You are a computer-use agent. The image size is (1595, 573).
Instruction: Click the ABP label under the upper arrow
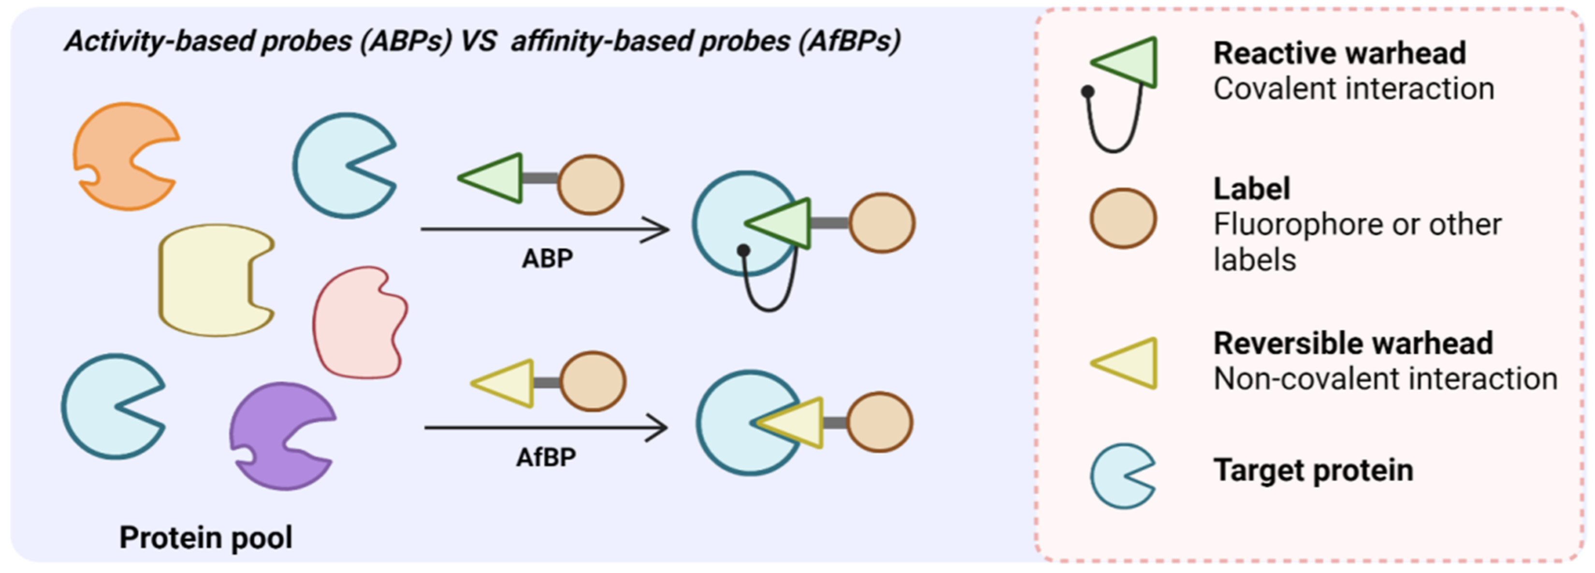[547, 258]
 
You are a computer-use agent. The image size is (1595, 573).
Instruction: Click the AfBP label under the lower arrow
[546, 458]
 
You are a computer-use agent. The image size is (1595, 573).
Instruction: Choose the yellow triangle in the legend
[1130, 363]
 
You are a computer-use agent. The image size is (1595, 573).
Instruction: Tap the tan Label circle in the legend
[1123, 218]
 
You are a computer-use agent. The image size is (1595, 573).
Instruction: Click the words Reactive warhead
[1339, 53]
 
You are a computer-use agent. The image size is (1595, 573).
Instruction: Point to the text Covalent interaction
[1353, 88]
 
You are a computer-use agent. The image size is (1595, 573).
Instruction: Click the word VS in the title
[478, 42]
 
